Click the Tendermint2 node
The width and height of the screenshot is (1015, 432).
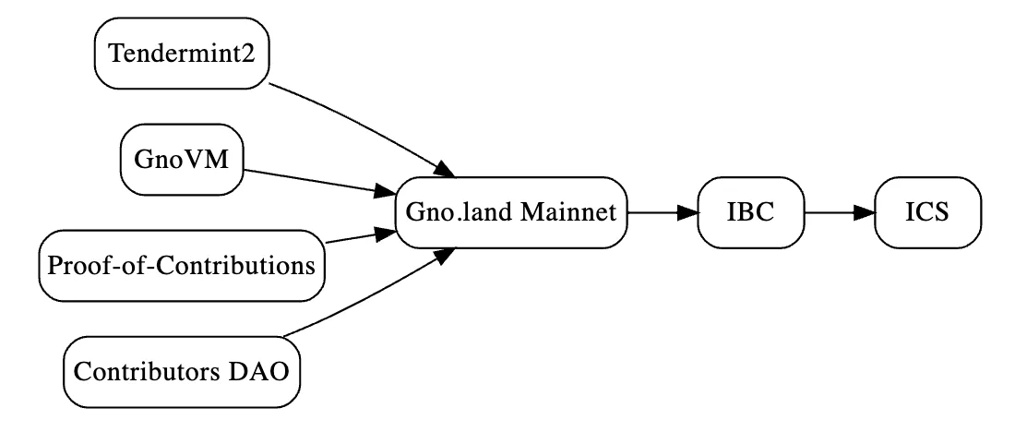click(182, 54)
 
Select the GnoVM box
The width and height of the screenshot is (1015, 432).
click(182, 160)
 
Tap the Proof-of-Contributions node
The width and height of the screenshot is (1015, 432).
click(182, 266)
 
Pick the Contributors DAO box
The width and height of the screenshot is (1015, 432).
click(182, 372)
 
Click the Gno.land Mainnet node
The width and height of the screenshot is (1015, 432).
click(511, 212)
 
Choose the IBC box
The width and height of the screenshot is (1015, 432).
click(751, 212)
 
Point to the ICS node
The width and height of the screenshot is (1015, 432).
click(927, 212)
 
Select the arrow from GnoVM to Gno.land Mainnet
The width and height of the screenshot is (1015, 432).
click(319, 182)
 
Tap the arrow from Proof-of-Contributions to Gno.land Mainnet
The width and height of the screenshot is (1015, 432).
click(360, 236)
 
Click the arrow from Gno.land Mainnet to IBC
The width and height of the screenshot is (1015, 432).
click(663, 212)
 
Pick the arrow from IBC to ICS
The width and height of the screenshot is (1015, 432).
click(840, 212)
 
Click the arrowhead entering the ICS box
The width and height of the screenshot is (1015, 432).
click(865, 212)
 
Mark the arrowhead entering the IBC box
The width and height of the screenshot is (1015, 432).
click(687, 212)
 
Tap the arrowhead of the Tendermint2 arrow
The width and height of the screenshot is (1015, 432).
click(446, 169)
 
